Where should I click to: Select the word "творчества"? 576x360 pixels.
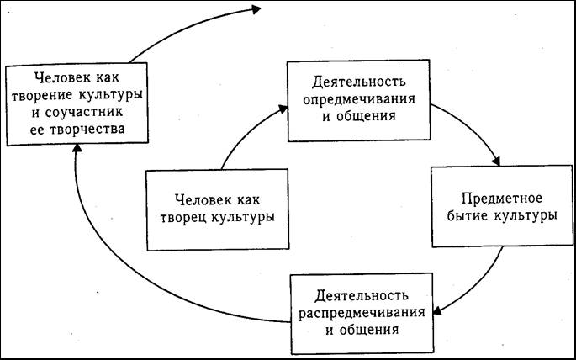[x=87, y=130]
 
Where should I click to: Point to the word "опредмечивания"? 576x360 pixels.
[x=359, y=100]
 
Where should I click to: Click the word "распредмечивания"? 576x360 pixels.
[x=362, y=314]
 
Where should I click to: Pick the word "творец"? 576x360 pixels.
[x=183, y=217]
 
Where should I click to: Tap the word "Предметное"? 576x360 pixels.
[x=501, y=199]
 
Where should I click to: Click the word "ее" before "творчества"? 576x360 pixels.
[x=36, y=130]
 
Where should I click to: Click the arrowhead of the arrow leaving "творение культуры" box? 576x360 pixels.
[x=256, y=9]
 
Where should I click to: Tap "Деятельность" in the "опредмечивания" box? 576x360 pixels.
[x=359, y=82]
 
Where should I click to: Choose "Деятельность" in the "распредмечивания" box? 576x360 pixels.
[x=362, y=296]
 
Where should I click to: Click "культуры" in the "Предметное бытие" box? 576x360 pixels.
[x=525, y=215]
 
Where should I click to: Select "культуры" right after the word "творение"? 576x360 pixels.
[x=110, y=95]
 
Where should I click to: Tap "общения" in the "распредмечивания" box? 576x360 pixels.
[x=368, y=329]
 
